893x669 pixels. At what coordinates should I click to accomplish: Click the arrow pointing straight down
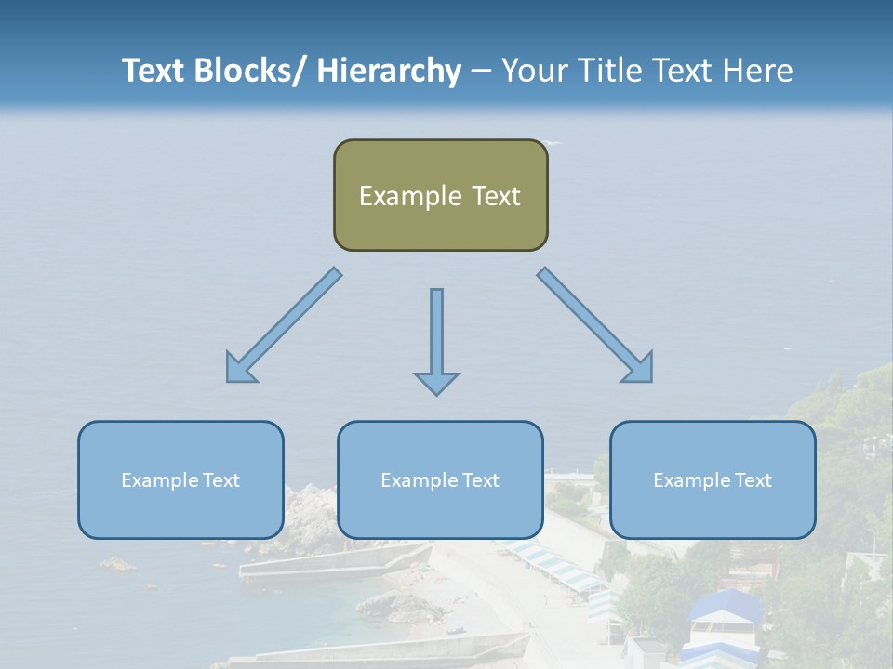click(436, 340)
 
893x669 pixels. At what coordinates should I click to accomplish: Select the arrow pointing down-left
click(285, 325)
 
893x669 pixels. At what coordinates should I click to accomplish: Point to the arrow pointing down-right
click(594, 325)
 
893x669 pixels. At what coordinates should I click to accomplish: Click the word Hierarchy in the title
click(389, 71)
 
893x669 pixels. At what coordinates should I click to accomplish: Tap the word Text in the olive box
click(496, 196)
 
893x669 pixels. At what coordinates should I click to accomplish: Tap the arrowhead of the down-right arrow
click(639, 369)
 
